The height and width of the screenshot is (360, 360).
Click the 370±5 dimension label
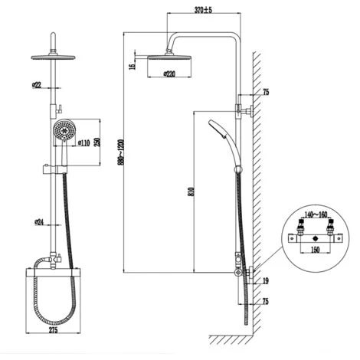click(x=203, y=10)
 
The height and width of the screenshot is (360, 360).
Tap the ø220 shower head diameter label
click(x=169, y=74)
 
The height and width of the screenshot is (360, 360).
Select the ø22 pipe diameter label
click(x=37, y=85)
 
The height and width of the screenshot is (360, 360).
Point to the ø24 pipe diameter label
click(x=39, y=222)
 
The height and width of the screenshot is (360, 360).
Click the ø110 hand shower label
click(x=83, y=143)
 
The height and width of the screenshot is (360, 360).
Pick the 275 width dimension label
click(x=53, y=330)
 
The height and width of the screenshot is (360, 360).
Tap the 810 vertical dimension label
click(x=191, y=191)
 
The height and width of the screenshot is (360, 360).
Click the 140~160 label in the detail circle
click(x=316, y=215)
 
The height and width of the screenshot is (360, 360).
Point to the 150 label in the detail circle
click(x=316, y=250)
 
